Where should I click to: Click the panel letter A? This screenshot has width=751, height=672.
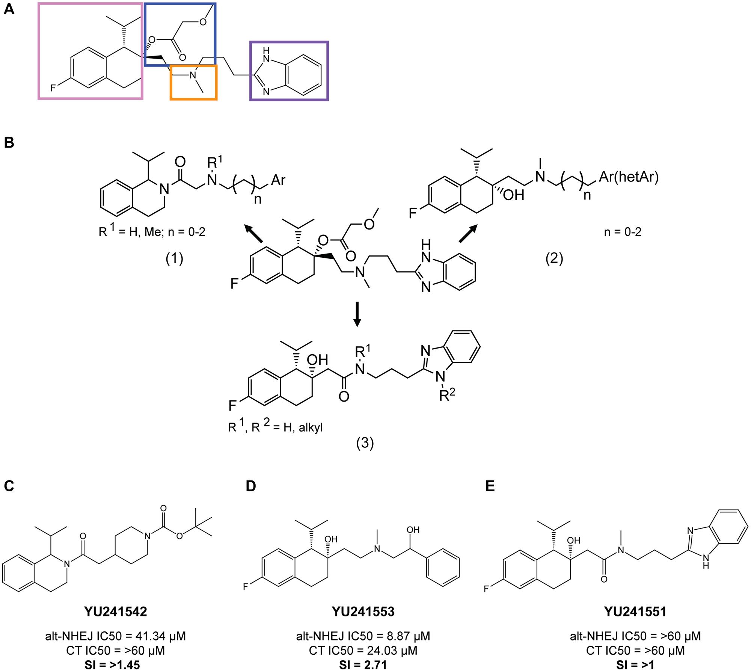pos(9,9)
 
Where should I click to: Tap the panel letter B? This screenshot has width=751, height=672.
pos(9,143)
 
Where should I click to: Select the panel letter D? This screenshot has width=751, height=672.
pos(251,486)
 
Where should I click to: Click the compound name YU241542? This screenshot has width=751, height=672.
pos(116,612)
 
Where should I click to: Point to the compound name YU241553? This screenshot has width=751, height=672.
pos(363,612)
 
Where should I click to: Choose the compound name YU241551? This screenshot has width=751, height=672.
pos(635,612)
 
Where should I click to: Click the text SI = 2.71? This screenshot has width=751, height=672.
pos(363,665)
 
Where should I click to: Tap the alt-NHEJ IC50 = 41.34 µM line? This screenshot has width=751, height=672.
pos(116,636)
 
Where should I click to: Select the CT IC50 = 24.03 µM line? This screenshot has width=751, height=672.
pos(363,651)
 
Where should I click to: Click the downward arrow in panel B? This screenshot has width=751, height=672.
pos(357,314)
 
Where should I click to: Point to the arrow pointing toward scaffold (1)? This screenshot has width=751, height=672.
pos(254,233)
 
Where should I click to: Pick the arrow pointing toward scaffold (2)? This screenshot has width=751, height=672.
pos(468,233)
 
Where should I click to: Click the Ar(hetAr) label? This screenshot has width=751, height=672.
pos(629,177)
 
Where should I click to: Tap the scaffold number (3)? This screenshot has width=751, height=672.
pos(365,443)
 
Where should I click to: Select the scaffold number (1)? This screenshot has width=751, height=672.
pos(174,258)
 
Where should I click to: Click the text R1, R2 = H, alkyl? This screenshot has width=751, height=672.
pos(275,427)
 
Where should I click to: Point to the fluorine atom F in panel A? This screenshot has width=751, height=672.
pos(53,88)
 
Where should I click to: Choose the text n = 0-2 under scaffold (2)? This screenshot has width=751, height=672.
pos(623,232)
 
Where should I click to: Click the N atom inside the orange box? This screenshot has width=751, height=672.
pos(193,76)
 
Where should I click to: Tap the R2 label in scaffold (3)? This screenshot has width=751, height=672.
pos(447,395)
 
